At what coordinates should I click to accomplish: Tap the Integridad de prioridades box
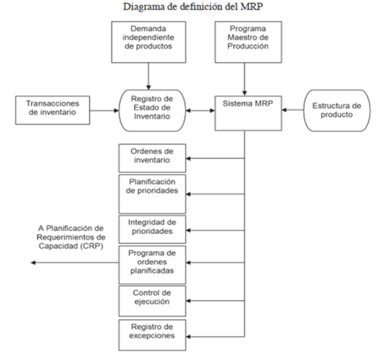click(x=151, y=227)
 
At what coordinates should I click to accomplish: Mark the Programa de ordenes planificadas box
click(x=151, y=263)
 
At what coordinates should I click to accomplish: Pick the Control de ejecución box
click(x=151, y=298)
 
